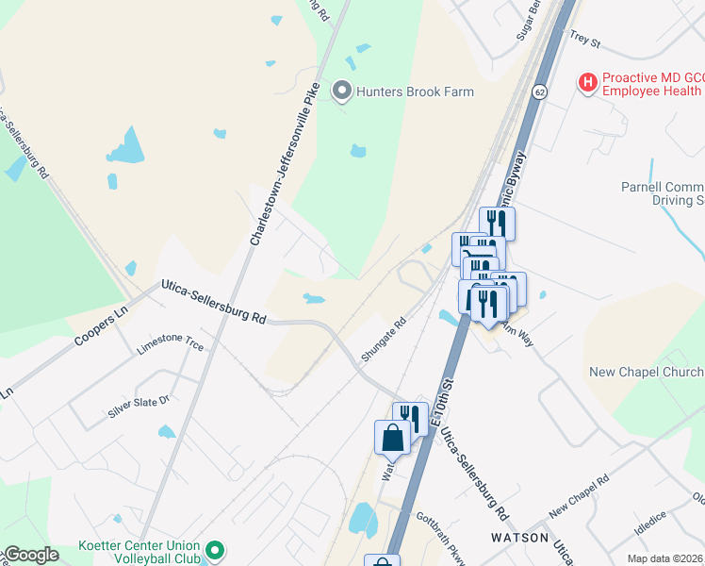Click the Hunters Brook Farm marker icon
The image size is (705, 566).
341,92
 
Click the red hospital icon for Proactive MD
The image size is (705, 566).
588,83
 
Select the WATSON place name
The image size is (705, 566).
519,537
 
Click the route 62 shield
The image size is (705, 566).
538,92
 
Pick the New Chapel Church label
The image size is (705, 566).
646,373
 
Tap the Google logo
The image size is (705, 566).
32,555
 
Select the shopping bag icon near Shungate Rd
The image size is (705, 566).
392,438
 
